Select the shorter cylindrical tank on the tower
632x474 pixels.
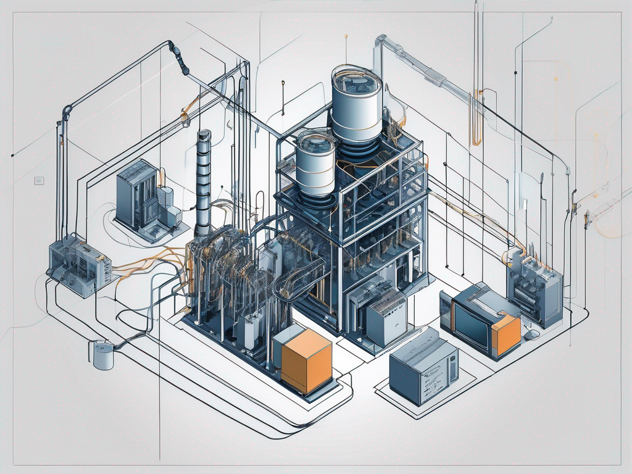[x=315, y=164]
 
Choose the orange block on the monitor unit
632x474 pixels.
[x=505, y=333]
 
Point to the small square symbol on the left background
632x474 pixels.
[x=38, y=181]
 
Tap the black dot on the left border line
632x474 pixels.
[x=14, y=154]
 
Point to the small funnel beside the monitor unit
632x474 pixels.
[x=531, y=334]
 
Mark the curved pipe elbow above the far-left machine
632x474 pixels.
[x=66, y=112]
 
